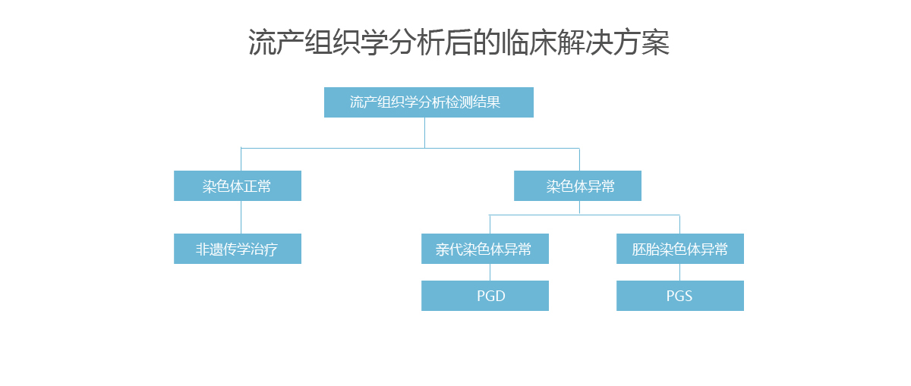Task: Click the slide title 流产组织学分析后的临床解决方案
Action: point(459,42)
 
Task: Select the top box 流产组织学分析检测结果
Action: point(429,102)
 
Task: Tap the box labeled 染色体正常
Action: point(238,186)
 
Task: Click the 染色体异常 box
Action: point(578,186)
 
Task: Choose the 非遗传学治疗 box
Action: point(238,249)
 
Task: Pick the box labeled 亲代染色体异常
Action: point(485,249)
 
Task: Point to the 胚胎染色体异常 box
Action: point(680,249)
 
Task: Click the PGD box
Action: point(485,296)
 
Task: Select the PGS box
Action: point(680,296)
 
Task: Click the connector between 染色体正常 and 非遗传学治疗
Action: point(241,217)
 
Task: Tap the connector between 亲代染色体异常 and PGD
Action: point(490,272)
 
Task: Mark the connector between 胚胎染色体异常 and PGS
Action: point(680,272)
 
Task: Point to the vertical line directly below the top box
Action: point(425,133)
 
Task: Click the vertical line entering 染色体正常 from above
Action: point(241,159)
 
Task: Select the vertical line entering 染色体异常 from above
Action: point(579,159)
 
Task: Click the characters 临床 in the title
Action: point(528,42)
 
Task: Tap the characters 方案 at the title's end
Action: point(641,42)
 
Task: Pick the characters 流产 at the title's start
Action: point(276,42)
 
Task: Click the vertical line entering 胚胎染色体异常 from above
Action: point(680,224)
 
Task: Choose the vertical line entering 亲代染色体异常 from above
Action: point(490,224)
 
